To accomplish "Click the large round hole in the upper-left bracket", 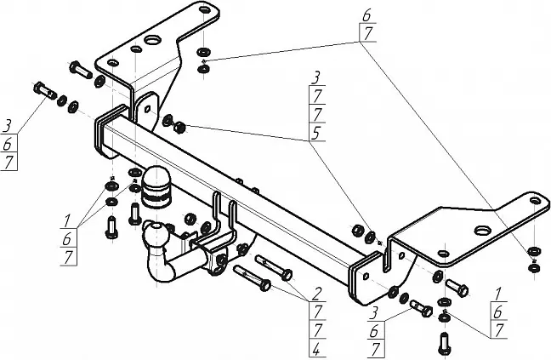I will tap(153, 40).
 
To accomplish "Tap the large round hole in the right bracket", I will tap(481, 229).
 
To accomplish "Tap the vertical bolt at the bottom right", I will tap(445, 343).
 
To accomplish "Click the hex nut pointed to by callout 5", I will tap(180, 129).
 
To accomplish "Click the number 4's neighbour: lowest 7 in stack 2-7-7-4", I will tap(315, 330).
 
